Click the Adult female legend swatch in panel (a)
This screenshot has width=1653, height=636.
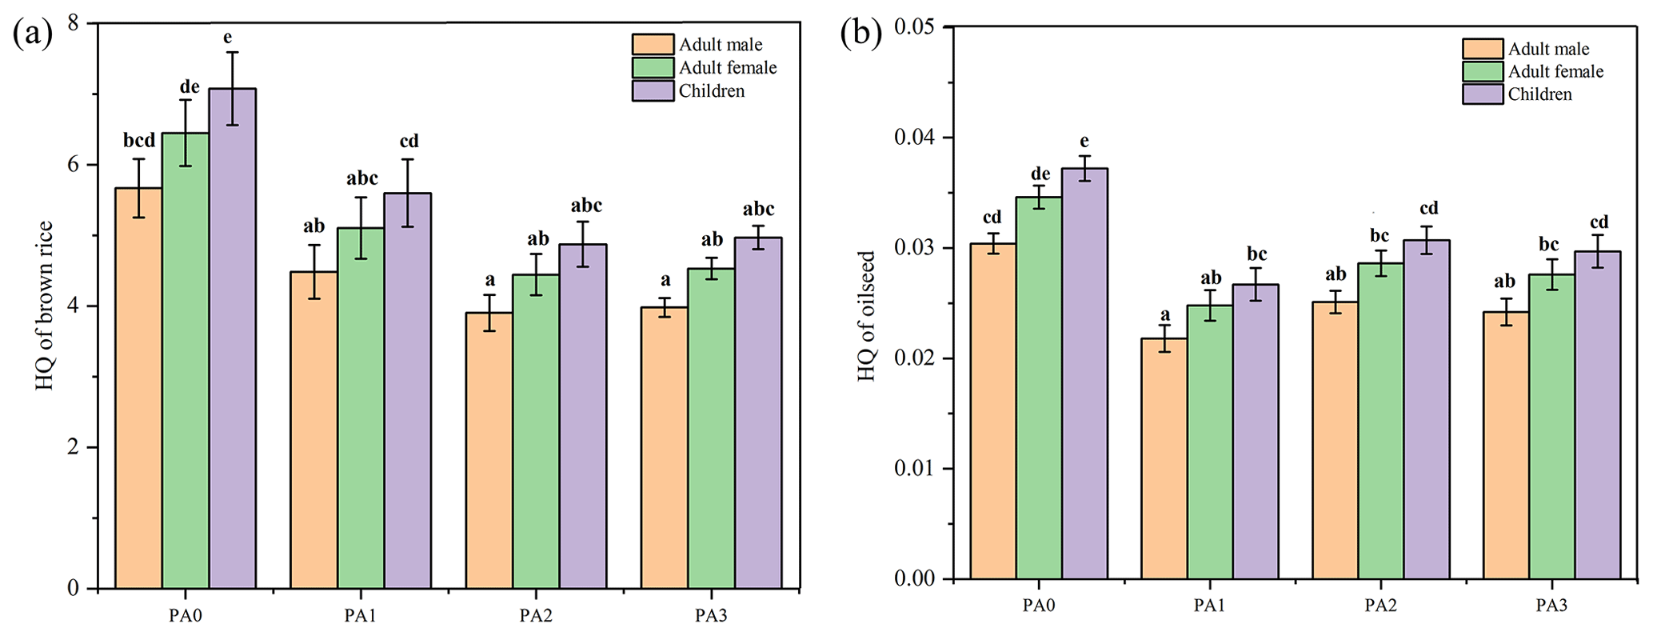pos(653,68)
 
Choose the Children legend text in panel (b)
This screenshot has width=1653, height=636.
pos(1539,94)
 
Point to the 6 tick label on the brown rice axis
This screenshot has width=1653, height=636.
pos(73,164)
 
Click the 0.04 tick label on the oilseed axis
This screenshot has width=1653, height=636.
pos(914,137)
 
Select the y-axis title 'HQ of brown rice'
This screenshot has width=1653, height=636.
pos(45,306)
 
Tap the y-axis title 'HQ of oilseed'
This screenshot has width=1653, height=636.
pos(866,316)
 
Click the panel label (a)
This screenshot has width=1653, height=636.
pos(33,34)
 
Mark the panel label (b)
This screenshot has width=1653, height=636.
pos(861,34)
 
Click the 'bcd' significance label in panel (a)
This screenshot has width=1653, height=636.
pos(139,141)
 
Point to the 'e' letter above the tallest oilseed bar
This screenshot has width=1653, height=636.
pos(1084,142)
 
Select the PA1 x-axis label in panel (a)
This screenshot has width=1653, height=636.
pos(361,615)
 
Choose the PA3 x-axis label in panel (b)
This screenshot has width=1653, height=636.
pos(1551,606)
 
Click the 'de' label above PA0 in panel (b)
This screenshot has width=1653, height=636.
pos(1040,174)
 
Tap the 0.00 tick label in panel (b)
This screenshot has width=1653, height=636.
pos(914,578)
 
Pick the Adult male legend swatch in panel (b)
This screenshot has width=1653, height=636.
pos(1483,49)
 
